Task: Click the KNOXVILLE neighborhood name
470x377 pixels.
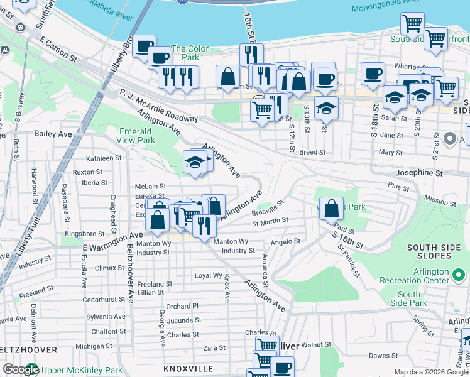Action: (189, 369)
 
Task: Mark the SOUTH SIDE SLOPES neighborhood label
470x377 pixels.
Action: (439, 251)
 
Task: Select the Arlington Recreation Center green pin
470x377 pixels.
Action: (460, 275)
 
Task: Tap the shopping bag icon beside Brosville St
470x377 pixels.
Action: (332, 208)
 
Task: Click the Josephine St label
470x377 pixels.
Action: (419, 172)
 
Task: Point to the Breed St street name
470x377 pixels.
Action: (312, 152)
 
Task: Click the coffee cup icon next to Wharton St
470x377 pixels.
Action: (373, 73)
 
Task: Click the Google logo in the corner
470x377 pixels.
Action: (20, 369)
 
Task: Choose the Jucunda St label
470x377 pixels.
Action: (183, 320)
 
